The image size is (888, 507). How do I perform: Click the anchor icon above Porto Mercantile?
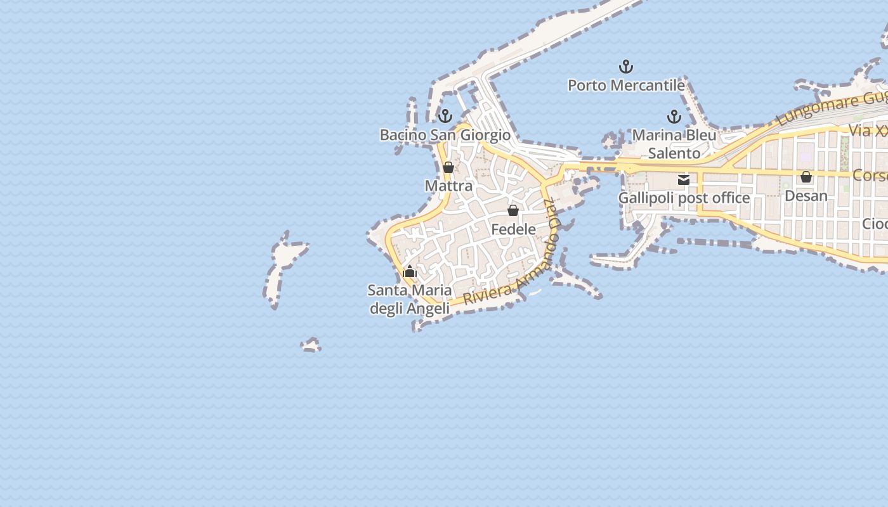(x=626, y=67)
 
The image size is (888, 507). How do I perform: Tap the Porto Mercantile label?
(x=626, y=85)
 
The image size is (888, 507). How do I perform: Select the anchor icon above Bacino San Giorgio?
(x=445, y=116)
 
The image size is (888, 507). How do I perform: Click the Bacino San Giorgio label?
(x=445, y=135)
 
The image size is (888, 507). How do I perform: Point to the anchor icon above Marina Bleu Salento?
(x=674, y=117)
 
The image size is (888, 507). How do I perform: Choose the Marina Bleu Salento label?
(x=674, y=144)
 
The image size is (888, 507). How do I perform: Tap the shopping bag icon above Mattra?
(x=448, y=167)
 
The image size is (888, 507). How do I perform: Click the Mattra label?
(x=448, y=186)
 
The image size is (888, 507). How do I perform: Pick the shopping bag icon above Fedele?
(x=513, y=210)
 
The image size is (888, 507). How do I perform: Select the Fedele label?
(x=513, y=229)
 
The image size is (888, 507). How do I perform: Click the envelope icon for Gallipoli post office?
(x=684, y=180)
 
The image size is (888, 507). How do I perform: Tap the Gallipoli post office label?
(x=684, y=198)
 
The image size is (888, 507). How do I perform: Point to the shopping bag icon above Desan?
(x=806, y=177)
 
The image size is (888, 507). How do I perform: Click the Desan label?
(x=806, y=196)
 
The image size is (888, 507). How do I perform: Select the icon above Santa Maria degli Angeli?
(x=410, y=272)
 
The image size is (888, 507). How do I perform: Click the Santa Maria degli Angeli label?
(x=410, y=299)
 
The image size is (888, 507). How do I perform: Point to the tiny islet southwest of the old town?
(x=311, y=345)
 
